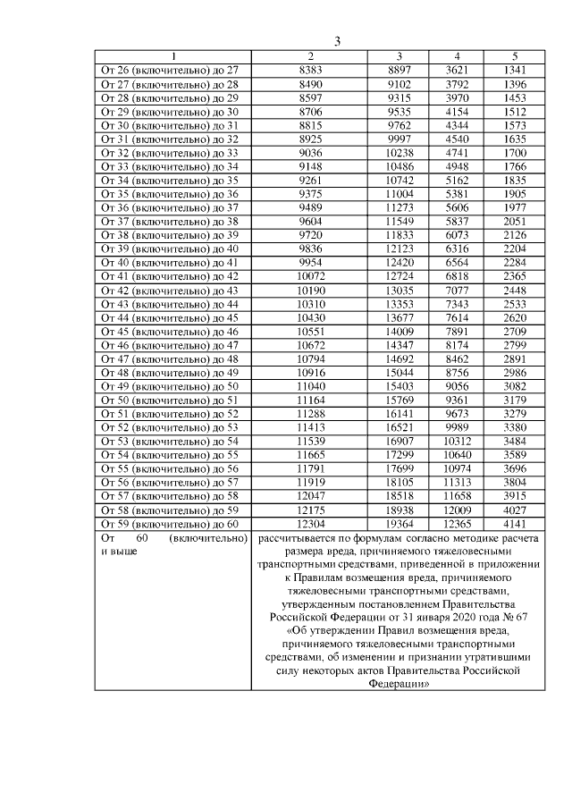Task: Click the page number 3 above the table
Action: pyautogui.click(x=338, y=41)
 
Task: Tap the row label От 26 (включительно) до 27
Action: pyautogui.click(x=169, y=69)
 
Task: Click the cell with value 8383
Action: pyautogui.click(x=310, y=69)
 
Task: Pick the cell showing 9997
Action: pyautogui.click(x=400, y=140)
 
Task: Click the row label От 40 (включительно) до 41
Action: pyautogui.click(x=169, y=264)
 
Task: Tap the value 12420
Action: pyautogui.click(x=400, y=264)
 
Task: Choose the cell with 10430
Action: pyautogui.click(x=310, y=317)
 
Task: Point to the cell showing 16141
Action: pyautogui.click(x=400, y=412)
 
